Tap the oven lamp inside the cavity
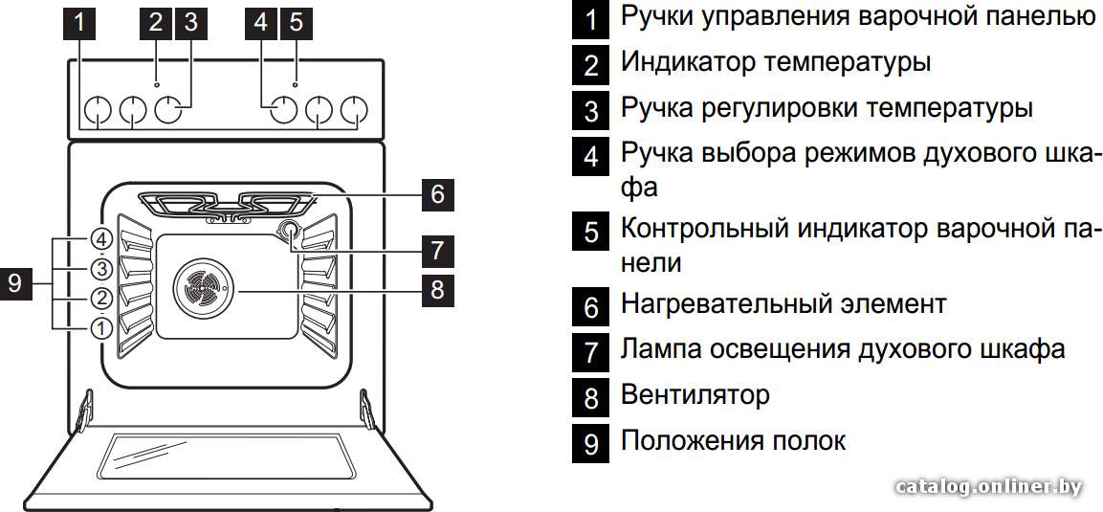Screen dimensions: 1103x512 (x=288, y=230)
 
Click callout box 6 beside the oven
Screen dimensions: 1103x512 (x=437, y=194)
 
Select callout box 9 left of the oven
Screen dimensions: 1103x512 (x=15, y=283)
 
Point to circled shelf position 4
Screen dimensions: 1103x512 (x=101, y=240)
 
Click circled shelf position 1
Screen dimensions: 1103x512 (x=101, y=327)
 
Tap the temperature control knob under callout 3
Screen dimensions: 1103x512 (x=168, y=109)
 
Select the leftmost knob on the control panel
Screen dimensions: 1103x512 (x=98, y=110)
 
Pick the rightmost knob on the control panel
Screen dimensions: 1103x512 (x=354, y=110)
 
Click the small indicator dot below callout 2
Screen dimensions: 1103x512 (x=156, y=84)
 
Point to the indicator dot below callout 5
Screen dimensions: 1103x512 (x=297, y=84)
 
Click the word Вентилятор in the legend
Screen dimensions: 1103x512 (x=695, y=395)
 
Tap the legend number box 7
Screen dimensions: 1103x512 (x=591, y=351)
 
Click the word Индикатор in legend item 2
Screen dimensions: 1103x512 (x=687, y=62)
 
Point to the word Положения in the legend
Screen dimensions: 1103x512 (x=691, y=442)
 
